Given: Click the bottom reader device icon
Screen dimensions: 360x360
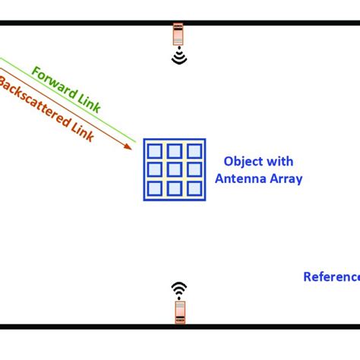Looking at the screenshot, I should [179, 311].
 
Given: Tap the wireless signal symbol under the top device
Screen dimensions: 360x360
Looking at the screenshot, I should [179, 57].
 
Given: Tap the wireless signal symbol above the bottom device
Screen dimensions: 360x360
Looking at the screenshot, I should [178, 289].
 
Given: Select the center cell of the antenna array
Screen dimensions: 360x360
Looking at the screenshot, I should [175, 169].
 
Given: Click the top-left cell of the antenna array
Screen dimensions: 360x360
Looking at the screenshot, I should [156, 151].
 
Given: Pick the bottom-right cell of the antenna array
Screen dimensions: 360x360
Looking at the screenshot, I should [194, 188].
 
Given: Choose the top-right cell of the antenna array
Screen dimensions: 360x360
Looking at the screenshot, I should [194, 151].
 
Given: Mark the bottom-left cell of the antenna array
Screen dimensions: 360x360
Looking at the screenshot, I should [156, 188].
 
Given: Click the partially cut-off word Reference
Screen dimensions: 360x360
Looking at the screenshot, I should [332, 277].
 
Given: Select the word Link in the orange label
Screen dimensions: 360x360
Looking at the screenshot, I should [81, 131].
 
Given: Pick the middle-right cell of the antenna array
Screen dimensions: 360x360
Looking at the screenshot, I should [194, 169].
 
